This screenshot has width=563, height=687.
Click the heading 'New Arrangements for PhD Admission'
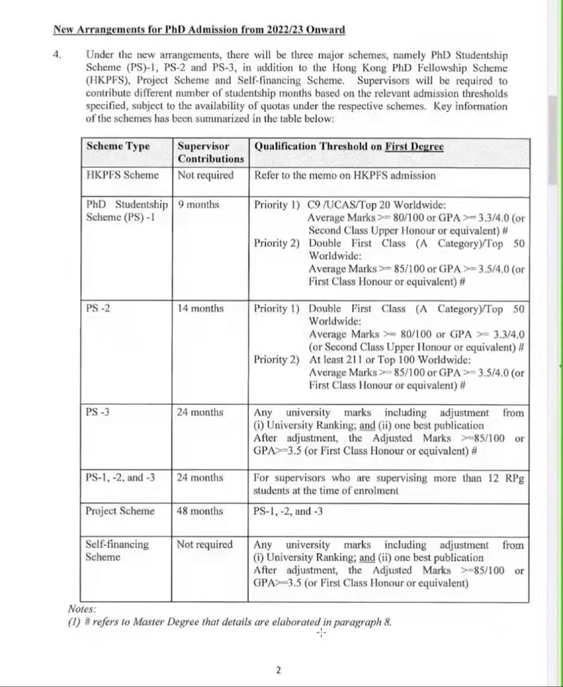(199, 30)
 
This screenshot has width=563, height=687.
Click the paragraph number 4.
(57, 55)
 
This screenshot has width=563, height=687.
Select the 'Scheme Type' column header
(118, 146)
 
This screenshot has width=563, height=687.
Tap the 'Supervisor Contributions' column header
(210, 152)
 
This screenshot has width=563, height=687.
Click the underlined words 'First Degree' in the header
(414, 146)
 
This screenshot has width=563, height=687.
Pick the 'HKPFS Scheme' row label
(122, 175)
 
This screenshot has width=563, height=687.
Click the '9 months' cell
(198, 204)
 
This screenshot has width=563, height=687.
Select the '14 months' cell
(200, 308)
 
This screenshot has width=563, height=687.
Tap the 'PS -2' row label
(97, 308)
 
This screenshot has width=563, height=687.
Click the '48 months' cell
(199, 511)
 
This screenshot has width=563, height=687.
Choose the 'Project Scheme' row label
(120, 511)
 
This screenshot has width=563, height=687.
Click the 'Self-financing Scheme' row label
(117, 550)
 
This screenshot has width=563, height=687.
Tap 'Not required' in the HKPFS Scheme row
(205, 175)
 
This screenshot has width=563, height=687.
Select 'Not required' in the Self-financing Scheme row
(204, 544)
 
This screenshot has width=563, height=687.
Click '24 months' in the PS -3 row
(200, 412)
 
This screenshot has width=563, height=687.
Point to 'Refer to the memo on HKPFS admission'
(345, 175)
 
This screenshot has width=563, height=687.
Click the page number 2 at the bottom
(278, 670)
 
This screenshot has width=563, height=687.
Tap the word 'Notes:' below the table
(82, 609)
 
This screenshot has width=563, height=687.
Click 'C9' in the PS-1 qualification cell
(313, 205)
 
